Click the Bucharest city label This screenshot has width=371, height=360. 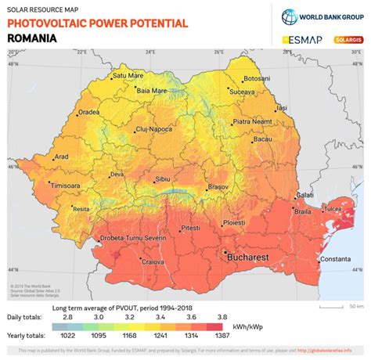248,257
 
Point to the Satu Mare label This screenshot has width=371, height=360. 128,76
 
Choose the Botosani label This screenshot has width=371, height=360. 256,79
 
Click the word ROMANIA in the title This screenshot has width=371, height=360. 31,37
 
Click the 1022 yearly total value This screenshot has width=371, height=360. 68,334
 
